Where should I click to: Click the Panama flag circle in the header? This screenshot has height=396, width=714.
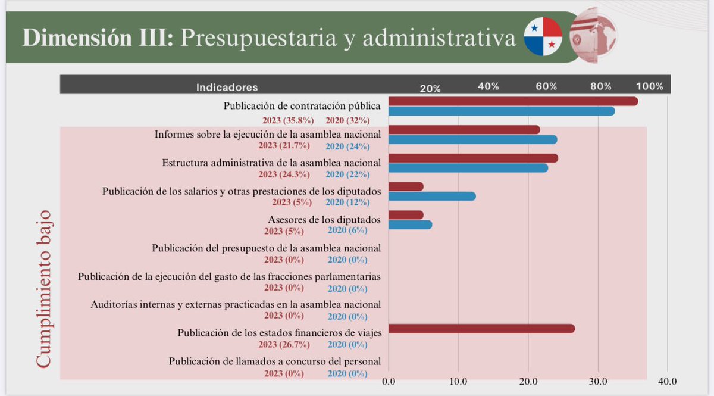click(x=543, y=37)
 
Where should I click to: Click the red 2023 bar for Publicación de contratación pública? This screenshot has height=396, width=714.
click(x=513, y=101)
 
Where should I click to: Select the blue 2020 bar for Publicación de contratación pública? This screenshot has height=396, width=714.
click(x=502, y=111)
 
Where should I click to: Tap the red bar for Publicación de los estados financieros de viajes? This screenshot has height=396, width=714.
click(x=481, y=329)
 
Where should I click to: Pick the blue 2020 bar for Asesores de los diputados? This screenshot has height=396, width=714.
click(x=411, y=224)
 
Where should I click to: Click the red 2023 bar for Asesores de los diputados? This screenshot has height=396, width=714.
click(x=406, y=215)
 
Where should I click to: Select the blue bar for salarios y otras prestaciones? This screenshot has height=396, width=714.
click(x=432, y=196)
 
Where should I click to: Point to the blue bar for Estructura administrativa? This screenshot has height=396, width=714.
click(x=468, y=168)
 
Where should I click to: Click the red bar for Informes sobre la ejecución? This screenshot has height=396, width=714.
click(x=464, y=130)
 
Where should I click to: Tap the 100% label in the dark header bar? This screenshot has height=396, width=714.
click(x=653, y=86)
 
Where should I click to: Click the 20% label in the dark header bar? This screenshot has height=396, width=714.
click(x=430, y=88)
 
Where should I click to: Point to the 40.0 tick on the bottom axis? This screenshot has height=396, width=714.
click(x=667, y=381)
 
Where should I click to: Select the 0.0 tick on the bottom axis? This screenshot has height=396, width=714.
click(x=389, y=381)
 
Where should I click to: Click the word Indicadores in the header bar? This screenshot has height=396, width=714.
click(x=227, y=87)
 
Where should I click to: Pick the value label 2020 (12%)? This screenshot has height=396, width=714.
click(x=347, y=202)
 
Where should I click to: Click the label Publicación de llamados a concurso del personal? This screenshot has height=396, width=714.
click(x=275, y=361)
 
